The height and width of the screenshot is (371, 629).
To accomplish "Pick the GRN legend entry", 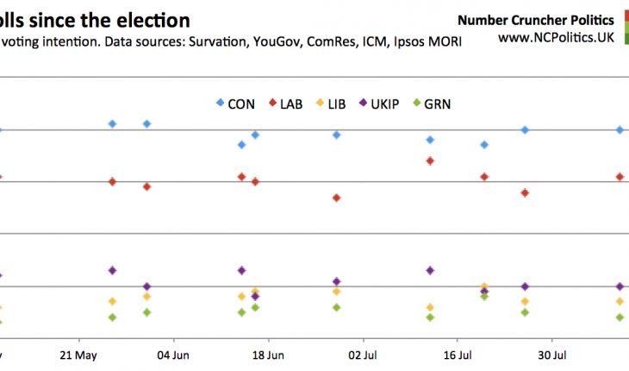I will point(433,104).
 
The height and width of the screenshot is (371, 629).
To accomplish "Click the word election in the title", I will point(154,19).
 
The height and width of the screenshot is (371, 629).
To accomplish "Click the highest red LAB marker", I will point(430,160).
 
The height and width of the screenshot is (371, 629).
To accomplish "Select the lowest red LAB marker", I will point(336,198).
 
